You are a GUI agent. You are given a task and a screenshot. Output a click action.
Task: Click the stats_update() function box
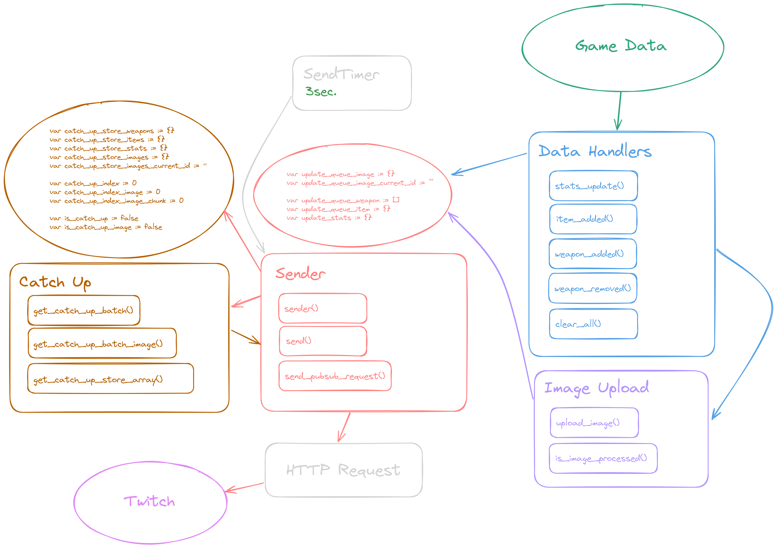[x=593, y=186]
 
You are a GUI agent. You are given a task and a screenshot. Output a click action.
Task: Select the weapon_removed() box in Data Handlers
[x=593, y=289]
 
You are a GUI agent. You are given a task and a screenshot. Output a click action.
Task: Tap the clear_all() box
[x=593, y=324]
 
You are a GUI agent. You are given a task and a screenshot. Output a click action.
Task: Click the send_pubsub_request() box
[x=335, y=376]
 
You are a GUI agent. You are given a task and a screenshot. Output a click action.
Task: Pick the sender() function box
[x=323, y=308]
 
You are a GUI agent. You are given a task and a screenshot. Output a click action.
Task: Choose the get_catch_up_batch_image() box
[x=102, y=343]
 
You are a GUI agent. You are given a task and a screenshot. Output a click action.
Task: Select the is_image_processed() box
[x=603, y=458]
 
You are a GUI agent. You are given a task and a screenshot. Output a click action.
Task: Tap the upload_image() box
[x=594, y=423]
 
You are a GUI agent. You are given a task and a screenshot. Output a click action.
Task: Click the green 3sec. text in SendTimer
[x=321, y=92]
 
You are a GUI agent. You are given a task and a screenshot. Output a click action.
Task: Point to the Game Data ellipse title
[x=621, y=46]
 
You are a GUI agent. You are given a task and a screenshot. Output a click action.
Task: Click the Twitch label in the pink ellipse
[x=150, y=501]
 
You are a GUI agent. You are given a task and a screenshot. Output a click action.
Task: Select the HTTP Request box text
[x=343, y=470]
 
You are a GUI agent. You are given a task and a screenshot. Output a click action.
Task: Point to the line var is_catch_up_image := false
[x=106, y=227]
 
